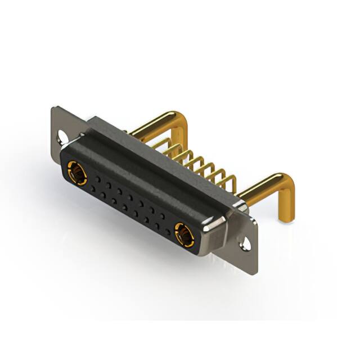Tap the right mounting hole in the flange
pos(246,244)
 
